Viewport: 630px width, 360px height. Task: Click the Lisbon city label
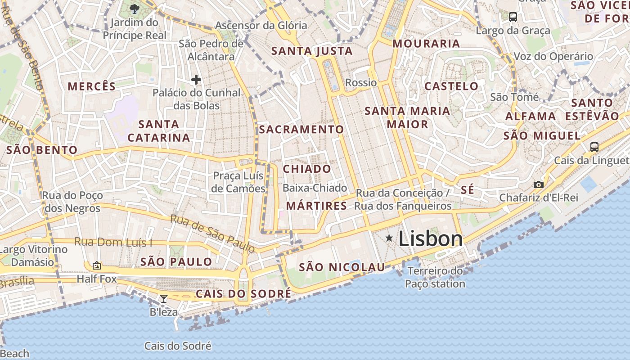pyautogui.click(x=430, y=239)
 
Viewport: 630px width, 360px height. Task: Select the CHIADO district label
pyautogui.click(x=307, y=169)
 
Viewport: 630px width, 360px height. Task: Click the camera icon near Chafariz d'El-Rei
pyautogui.click(x=538, y=184)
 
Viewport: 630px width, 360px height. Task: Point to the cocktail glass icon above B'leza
pyautogui.click(x=164, y=298)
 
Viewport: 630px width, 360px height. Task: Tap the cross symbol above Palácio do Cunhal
pyautogui.click(x=196, y=80)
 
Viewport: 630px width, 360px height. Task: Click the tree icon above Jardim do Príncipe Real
pyautogui.click(x=134, y=9)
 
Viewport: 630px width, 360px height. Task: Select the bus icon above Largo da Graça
pyautogui.click(x=513, y=18)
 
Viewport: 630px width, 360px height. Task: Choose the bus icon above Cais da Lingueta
pyautogui.click(x=594, y=147)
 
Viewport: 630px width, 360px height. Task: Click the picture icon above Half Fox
pyautogui.click(x=96, y=265)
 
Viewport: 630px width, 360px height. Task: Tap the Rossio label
pyautogui.click(x=361, y=82)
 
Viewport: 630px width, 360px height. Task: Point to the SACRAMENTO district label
pyautogui.click(x=301, y=130)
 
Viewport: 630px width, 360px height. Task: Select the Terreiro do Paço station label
pyautogui.click(x=435, y=277)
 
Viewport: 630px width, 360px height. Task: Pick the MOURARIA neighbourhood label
pyautogui.click(x=426, y=44)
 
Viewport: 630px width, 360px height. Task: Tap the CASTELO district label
pyautogui.click(x=451, y=86)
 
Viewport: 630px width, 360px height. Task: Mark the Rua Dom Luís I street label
pyautogui.click(x=113, y=242)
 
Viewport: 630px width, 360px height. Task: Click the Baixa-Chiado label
pyautogui.click(x=315, y=188)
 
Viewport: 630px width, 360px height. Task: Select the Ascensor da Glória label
pyautogui.click(x=261, y=25)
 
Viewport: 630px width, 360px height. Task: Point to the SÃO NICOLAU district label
pyautogui.click(x=342, y=267)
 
